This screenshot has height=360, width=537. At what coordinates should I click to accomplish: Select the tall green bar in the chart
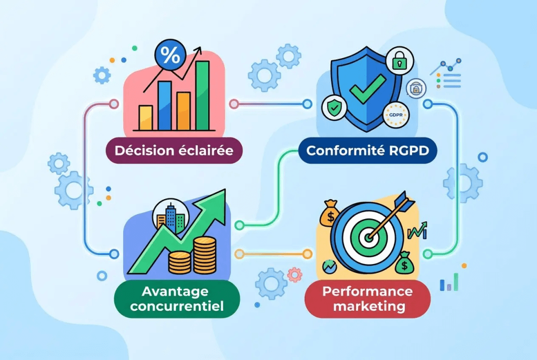coord(202,95)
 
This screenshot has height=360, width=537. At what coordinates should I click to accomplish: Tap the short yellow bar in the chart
coord(146,118)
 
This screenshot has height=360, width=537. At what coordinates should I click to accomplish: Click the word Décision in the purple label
coord(144,150)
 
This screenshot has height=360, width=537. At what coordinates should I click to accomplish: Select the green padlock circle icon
coord(399,61)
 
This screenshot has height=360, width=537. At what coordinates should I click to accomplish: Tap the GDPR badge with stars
coord(396,115)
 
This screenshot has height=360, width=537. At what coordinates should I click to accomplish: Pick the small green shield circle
coord(334,108)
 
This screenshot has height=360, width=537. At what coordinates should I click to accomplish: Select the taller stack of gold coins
coord(205,255)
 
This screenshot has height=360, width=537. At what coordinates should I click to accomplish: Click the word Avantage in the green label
coord(175,291)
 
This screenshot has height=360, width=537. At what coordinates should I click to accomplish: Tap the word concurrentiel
coord(177,306)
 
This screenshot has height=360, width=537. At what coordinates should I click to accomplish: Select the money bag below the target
coord(404,263)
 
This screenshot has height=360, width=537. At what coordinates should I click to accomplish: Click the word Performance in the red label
coord(368,291)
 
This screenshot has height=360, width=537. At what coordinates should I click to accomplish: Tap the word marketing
coord(369,306)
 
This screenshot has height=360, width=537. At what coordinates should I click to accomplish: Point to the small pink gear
coord(295,275)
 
